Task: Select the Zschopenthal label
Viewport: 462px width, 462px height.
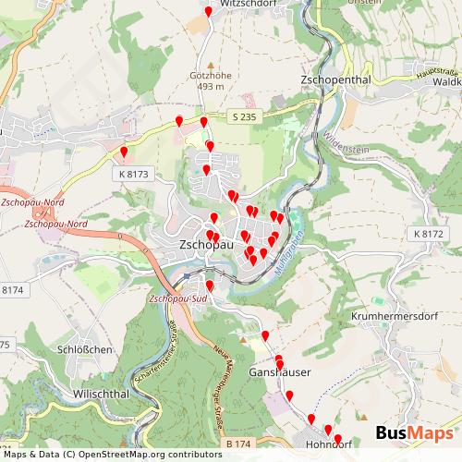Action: (335, 80)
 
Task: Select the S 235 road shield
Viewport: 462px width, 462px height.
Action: (242, 115)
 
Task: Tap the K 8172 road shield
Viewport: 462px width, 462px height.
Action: (429, 234)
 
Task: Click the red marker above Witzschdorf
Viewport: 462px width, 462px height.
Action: (209, 11)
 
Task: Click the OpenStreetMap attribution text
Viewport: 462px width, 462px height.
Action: (111, 455)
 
